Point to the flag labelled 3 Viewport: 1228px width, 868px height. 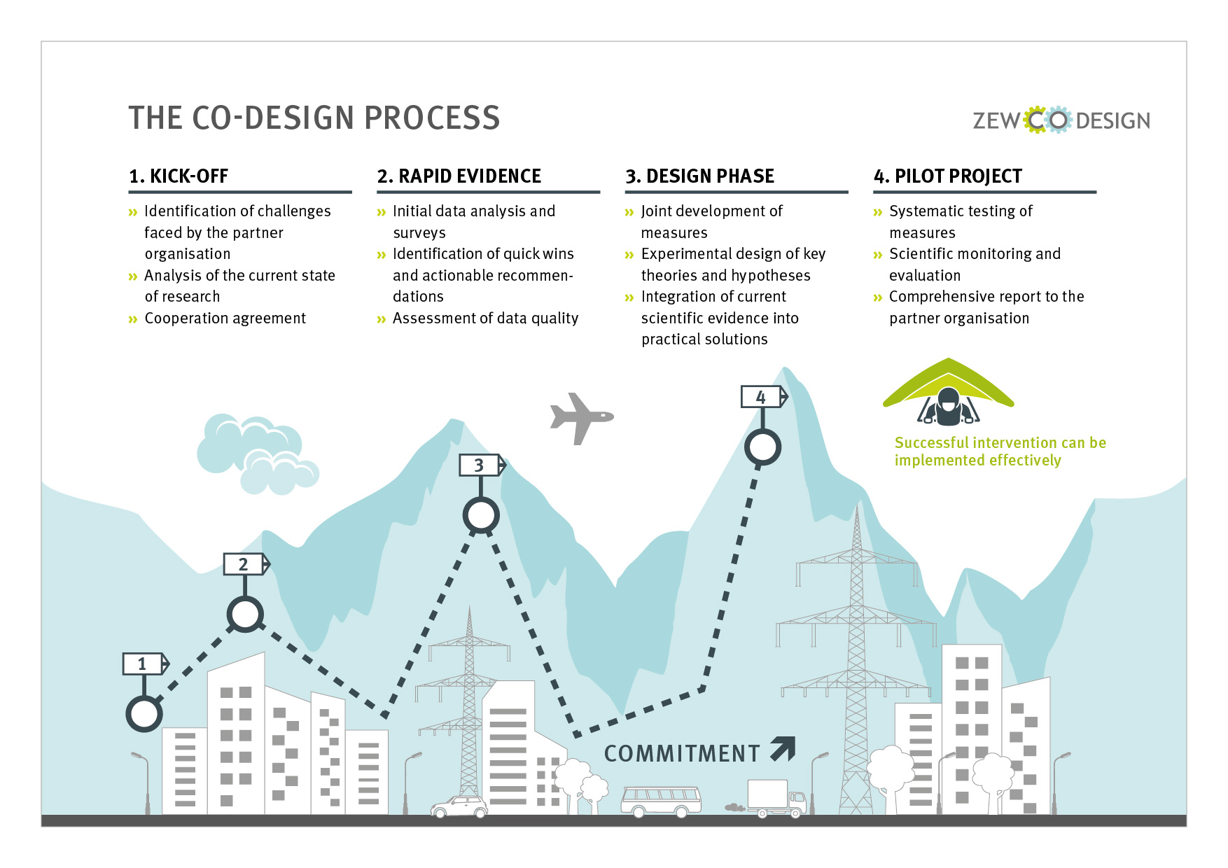[482, 465]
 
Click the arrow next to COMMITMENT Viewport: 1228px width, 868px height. [783, 748]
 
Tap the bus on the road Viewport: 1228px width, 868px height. [662, 801]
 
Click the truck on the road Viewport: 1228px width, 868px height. [776, 799]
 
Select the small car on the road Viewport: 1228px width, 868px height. [459, 806]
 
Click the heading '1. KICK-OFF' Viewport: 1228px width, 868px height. [179, 176]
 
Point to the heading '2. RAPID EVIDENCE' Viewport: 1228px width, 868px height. [459, 176]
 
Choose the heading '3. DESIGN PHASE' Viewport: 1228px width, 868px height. [700, 176]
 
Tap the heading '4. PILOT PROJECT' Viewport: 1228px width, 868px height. [948, 176]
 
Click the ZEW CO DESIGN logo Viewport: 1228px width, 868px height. [1061, 120]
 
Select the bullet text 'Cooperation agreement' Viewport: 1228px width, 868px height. [225, 318]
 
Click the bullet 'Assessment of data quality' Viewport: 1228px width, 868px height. [486, 318]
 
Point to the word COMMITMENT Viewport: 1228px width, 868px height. [682, 753]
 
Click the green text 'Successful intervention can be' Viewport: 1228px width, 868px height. [1000, 442]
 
